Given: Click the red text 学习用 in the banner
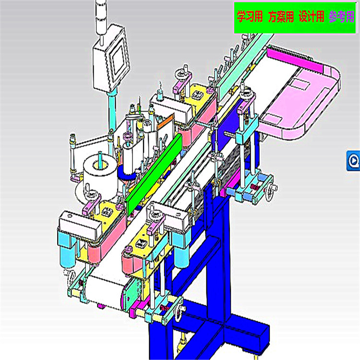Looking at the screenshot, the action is (250, 16).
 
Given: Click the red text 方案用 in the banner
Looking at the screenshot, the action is (281, 16).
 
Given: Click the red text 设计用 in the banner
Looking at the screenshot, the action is (312, 16).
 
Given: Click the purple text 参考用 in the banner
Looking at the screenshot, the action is (342, 16).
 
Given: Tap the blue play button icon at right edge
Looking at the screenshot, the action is (354, 161).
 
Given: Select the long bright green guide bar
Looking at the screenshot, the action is (154, 175).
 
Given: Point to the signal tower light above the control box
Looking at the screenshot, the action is (101, 17).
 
